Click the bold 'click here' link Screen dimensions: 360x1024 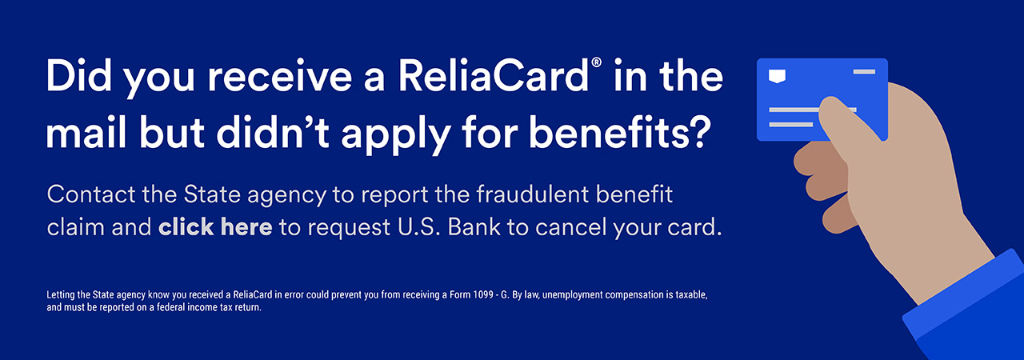tap(215, 227)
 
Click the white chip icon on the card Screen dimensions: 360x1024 tap(776, 76)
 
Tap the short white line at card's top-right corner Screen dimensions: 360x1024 tap(864, 72)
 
